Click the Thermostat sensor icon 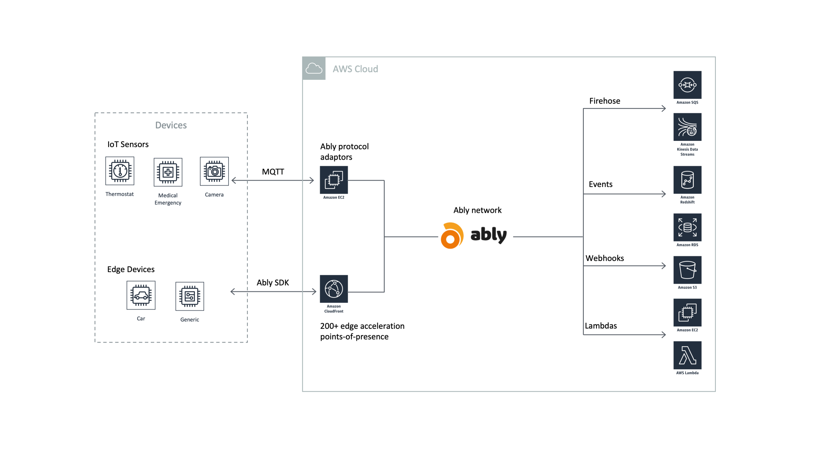[120, 171]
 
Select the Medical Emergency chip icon [168, 172]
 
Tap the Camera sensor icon [214, 171]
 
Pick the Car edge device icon [141, 295]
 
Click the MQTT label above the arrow [273, 172]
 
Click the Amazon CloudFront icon [334, 289]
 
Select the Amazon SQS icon [687, 85]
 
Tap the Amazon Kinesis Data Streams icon [687, 127]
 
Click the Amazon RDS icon [687, 227]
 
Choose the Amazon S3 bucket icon [687, 270]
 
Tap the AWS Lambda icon [687, 355]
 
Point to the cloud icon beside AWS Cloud [314, 68]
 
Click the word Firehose [605, 101]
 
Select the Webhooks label [605, 258]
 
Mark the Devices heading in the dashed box [171, 125]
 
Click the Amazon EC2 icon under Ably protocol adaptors [334, 180]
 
